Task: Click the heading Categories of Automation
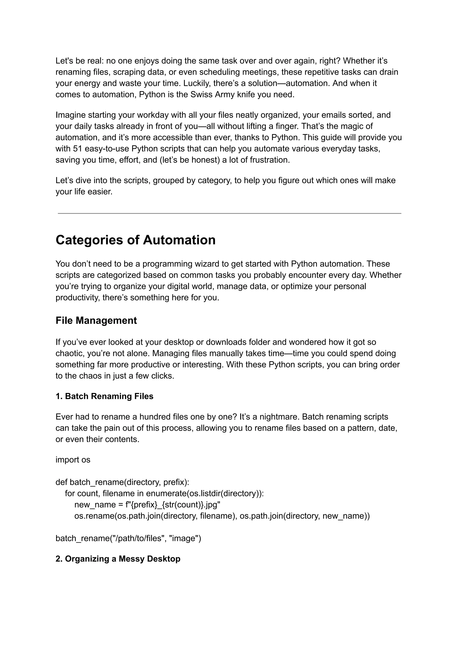135,240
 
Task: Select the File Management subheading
96,320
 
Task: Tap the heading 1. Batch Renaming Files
104,396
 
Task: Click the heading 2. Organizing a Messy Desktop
118,559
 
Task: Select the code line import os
73,460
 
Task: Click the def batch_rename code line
122,482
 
